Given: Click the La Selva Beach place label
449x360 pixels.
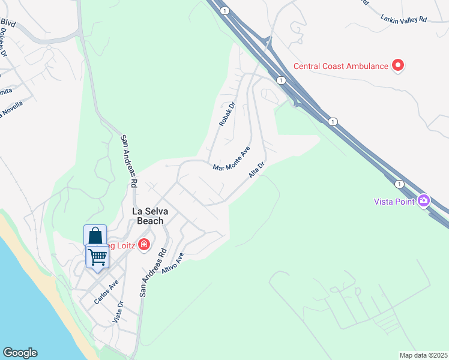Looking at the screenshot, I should [148, 215].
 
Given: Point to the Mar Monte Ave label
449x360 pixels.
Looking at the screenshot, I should [231, 158].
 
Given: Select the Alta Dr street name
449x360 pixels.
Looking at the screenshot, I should [256, 170].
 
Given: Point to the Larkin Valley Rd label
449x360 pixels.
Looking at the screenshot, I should [403, 19].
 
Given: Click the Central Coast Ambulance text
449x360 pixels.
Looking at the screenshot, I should [340, 66].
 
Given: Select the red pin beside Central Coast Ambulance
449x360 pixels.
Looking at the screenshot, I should [397, 65].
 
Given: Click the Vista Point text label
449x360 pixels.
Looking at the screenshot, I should [394, 202].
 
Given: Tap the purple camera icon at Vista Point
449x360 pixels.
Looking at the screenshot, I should [424, 200].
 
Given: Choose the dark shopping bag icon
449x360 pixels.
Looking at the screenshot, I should [95, 235].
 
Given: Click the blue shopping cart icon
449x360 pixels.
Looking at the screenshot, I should [97, 257].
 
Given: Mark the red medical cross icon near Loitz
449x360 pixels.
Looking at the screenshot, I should [143, 244].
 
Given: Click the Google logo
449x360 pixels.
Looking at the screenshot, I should [20, 353].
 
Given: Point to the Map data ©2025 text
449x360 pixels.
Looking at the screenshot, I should [423, 355].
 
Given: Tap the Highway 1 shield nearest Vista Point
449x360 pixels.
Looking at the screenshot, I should [399, 184].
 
